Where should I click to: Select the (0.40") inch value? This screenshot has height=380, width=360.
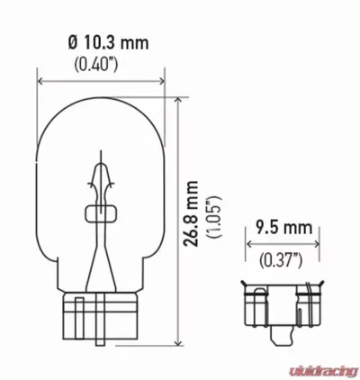point(99,64)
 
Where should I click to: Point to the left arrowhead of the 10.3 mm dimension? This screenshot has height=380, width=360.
point(40,80)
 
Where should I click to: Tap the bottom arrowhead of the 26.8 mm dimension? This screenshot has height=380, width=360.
point(176,341)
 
